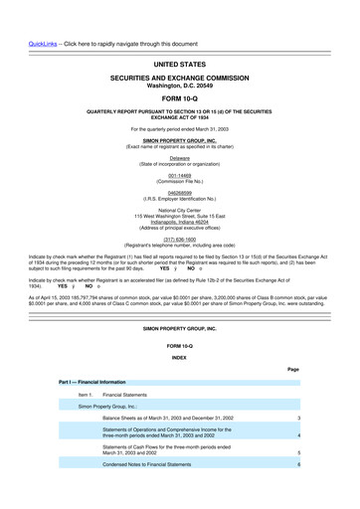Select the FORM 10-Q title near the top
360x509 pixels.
179,97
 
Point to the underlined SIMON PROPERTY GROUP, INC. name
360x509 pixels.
179,142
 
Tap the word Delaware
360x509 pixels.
179,157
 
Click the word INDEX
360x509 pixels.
179,357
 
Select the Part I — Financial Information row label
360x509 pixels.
91,382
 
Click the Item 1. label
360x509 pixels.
85,395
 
